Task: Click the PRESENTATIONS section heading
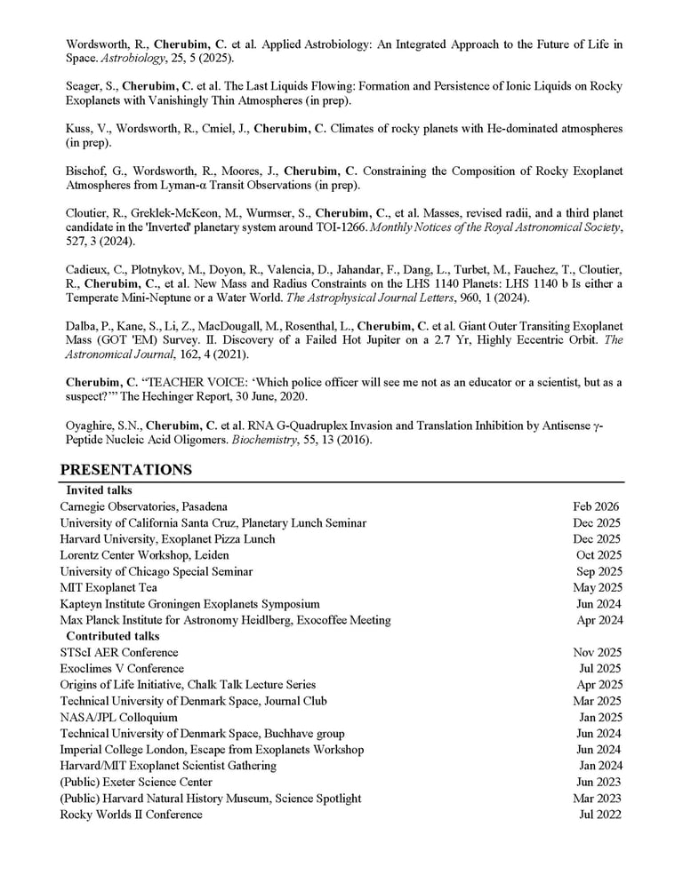(x=125, y=470)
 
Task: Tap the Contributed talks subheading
(x=113, y=636)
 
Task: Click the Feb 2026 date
(x=597, y=507)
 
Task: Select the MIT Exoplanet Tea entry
(x=108, y=588)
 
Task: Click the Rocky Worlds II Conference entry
(x=131, y=815)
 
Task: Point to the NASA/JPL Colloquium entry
(x=118, y=718)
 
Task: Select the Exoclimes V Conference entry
(x=122, y=669)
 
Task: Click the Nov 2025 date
(x=597, y=653)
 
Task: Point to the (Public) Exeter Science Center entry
(x=136, y=783)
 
